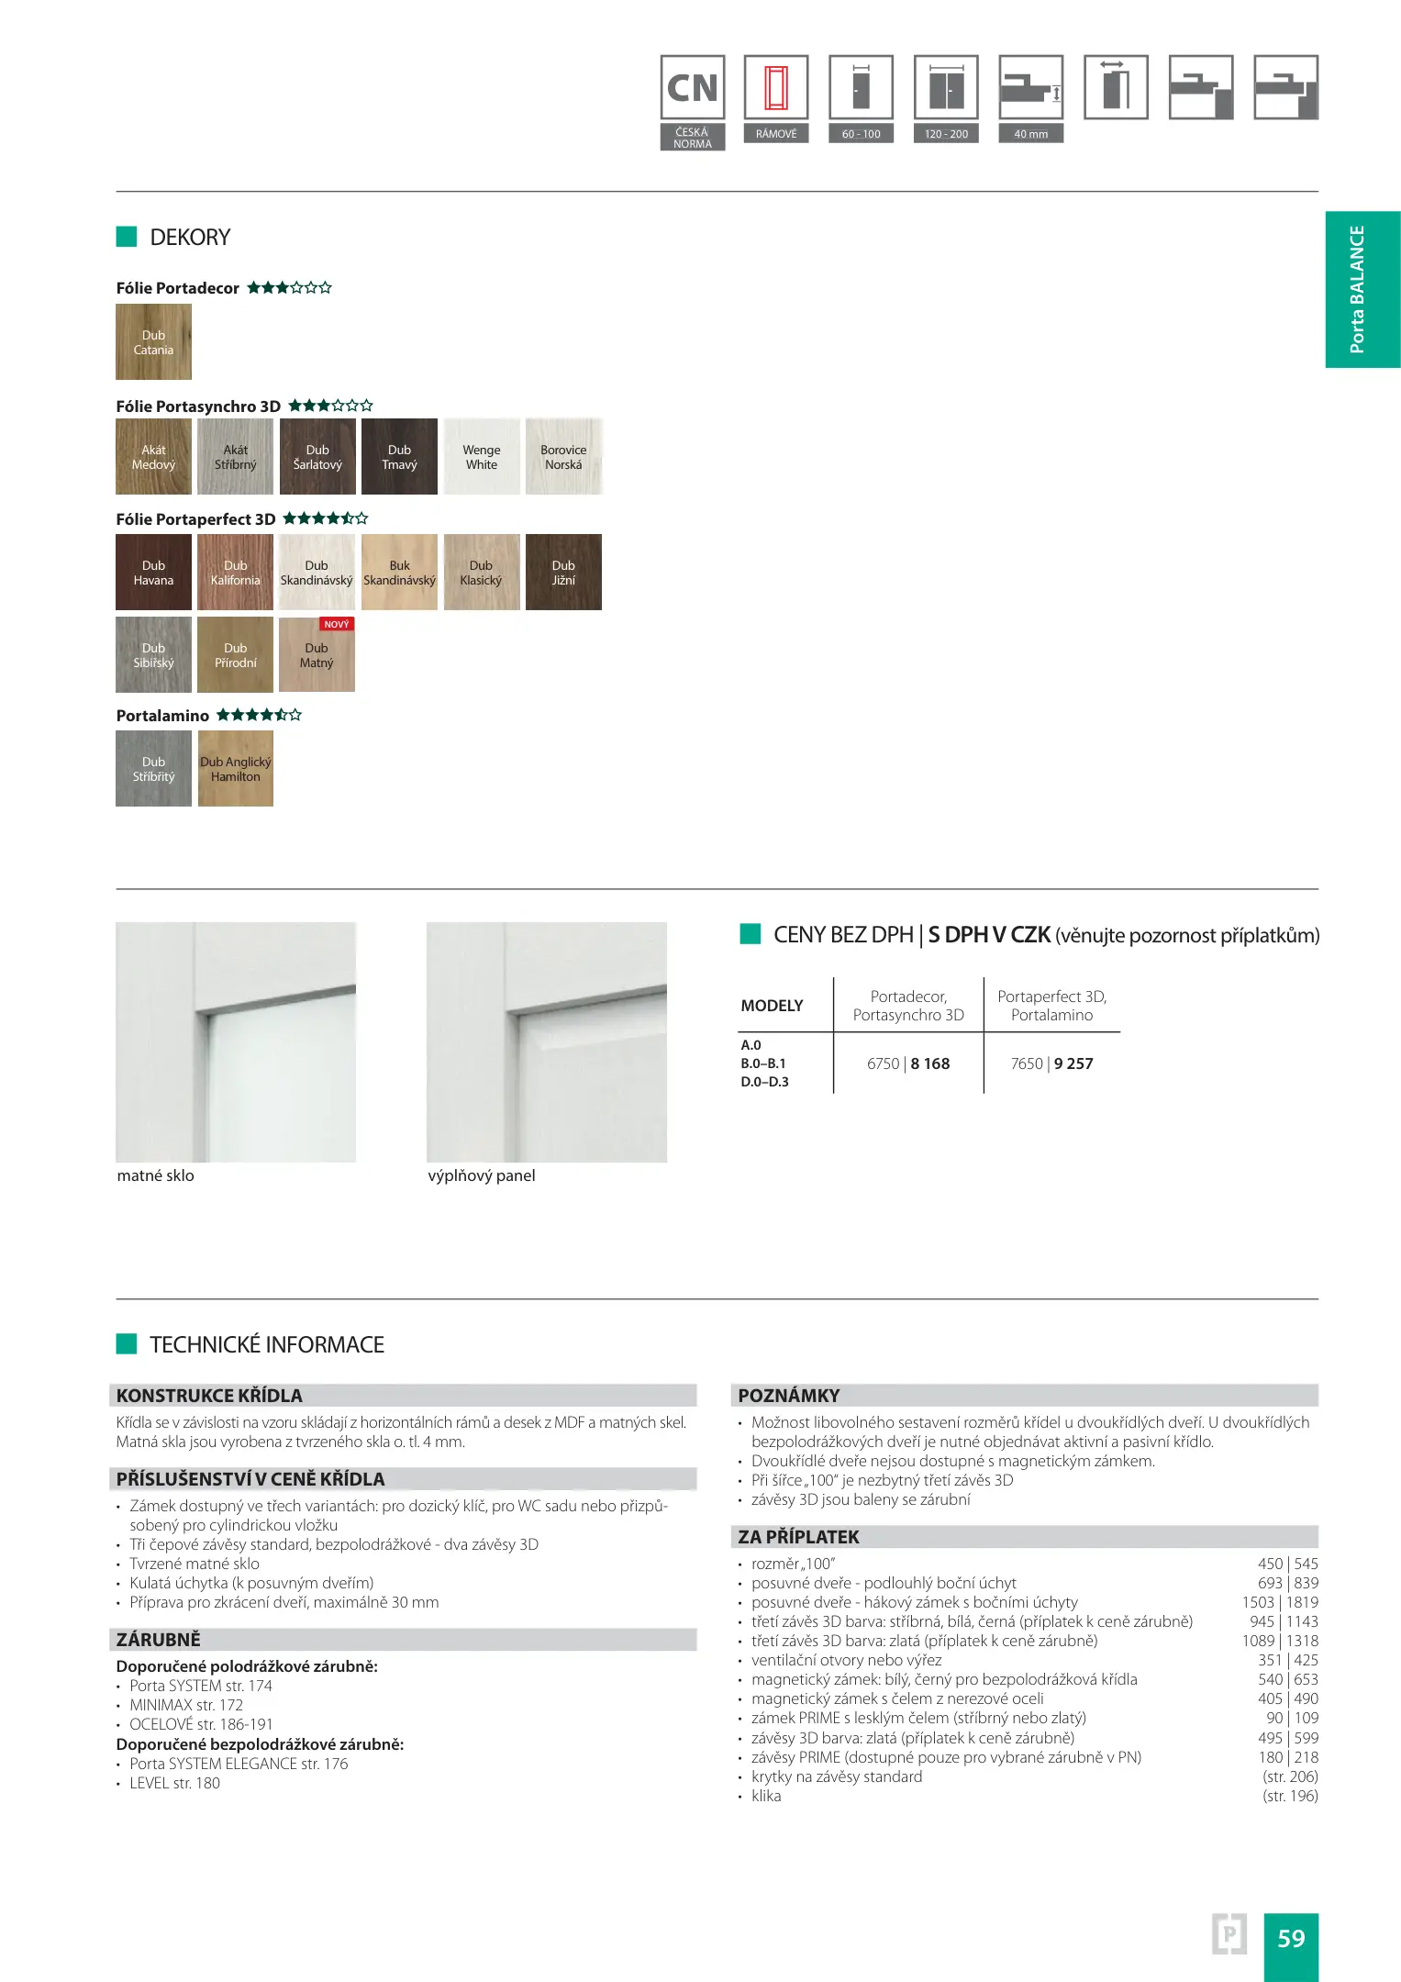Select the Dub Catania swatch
153,342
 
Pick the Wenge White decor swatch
482,457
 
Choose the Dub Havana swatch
153,573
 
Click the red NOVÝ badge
337,624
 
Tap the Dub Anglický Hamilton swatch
236,769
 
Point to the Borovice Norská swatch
563,457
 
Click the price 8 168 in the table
930,1063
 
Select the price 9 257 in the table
1073,1063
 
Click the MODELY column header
772,1006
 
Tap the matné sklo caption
156,1175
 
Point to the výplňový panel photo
547,1042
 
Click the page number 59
1291,1938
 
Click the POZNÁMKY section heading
789,1396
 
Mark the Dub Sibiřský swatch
153,655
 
